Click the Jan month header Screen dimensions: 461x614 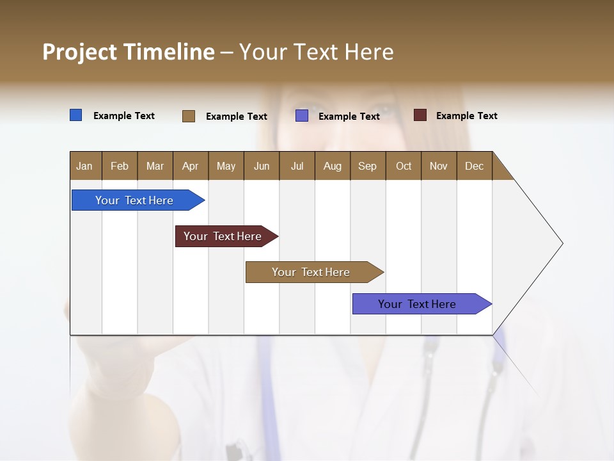84,166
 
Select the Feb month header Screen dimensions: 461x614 120,166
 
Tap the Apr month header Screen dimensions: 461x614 190,166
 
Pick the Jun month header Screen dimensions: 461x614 262,166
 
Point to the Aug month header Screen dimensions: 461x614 333,166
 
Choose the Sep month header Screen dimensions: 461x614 367,166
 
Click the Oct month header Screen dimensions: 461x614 404,166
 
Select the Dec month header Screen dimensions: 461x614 474,166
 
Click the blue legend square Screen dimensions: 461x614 75,115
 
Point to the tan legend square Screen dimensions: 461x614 189,116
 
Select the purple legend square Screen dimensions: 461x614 302,116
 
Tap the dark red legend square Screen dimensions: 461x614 420,115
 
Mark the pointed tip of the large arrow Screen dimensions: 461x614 562,243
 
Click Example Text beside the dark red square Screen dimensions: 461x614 466,115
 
